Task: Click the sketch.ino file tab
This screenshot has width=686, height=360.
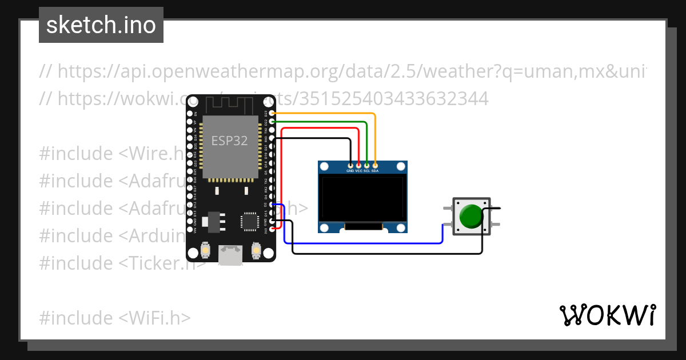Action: (x=101, y=25)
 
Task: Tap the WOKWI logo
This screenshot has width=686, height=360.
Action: (x=607, y=315)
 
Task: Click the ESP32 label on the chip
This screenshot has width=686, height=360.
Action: (x=229, y=141)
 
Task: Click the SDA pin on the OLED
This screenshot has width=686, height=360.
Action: (x=375, y=165)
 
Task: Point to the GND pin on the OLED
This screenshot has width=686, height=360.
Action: (x=350, y=165)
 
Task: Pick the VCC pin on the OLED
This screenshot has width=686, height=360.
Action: (x=358, y=165)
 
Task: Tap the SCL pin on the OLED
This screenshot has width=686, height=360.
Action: (x=366, y=165)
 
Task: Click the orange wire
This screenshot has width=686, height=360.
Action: (x=326, y=114)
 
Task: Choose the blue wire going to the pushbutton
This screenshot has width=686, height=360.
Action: (x=366, y=243)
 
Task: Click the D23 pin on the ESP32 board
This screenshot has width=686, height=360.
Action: (x=272, y=114)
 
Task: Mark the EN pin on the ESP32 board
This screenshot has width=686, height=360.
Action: (x=190, y=114)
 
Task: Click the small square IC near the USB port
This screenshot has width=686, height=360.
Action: (x=250, y=222)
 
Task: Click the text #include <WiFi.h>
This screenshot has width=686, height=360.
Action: (x=115, y=318)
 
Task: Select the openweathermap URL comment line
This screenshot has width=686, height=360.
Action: (x=343, y=71)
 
